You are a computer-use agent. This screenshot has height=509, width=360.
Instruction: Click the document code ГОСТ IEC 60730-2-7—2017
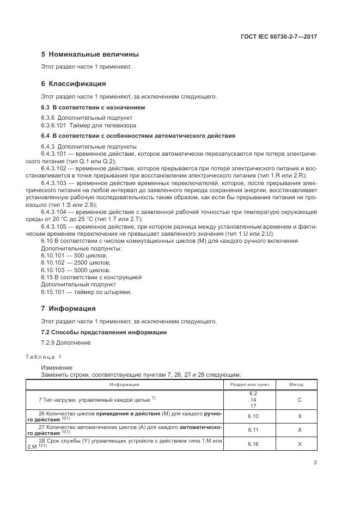point(279,36)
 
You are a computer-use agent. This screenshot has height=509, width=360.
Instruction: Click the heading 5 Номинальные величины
point(90,54)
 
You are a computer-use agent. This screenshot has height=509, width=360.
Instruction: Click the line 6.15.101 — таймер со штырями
point(87,292)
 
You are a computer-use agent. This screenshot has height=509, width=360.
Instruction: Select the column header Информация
point(124,384)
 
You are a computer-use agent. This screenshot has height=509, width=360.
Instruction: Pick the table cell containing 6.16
point(253,444)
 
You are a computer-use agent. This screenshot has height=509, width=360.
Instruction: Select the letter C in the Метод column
point(300,400)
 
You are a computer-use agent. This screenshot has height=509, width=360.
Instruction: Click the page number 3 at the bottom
point(315,463)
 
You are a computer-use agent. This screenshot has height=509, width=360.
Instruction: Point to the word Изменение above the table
point(57,367)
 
